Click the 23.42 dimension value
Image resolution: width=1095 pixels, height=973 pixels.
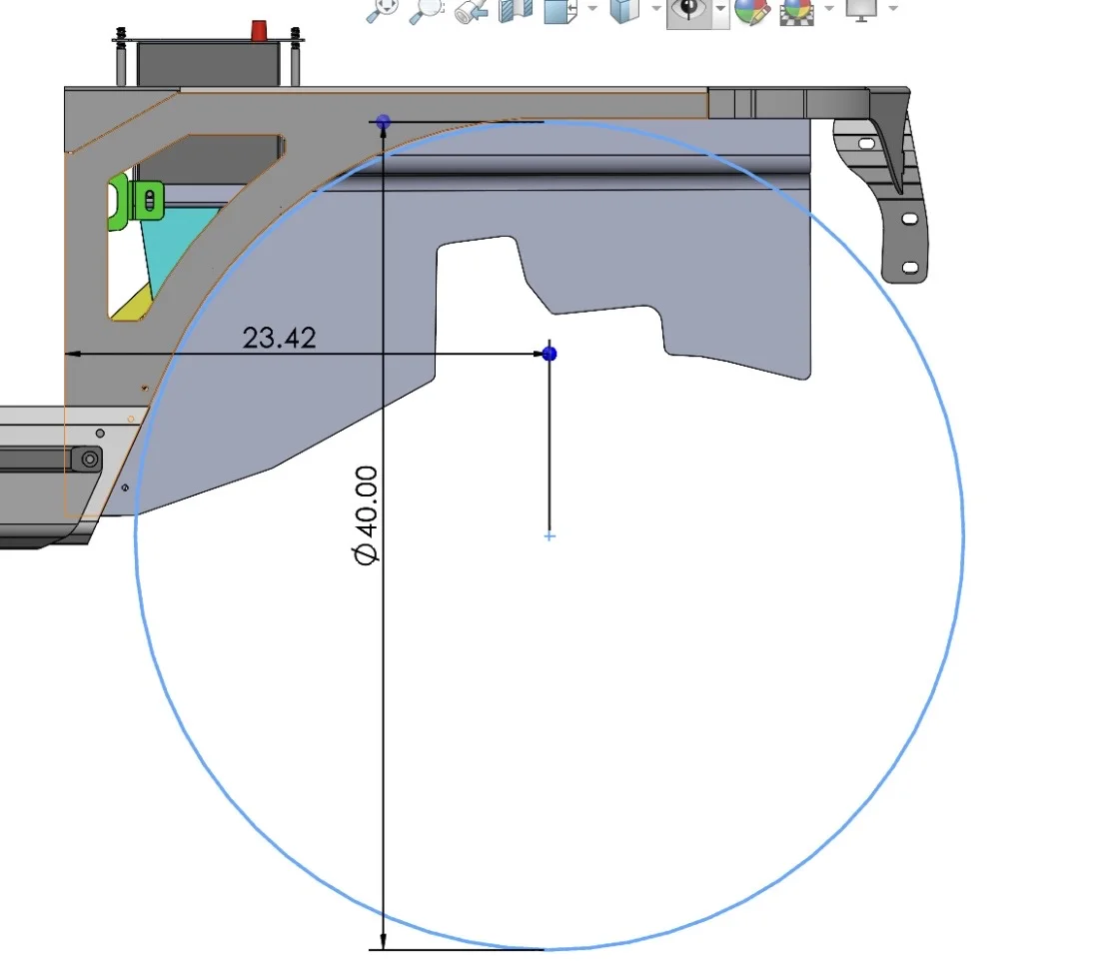[280, 338]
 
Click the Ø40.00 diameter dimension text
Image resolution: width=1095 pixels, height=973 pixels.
[366, 515]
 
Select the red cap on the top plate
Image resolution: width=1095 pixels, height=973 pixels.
[259, 30]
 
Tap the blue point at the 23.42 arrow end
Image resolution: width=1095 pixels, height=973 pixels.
[549, 354]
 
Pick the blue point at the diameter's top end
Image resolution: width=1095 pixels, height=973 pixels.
[384, 122]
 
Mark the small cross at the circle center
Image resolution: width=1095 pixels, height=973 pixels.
[549, 536]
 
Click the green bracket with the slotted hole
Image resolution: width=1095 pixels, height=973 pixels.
[137, 202]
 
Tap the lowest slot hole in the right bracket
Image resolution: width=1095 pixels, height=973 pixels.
[910, 268]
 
